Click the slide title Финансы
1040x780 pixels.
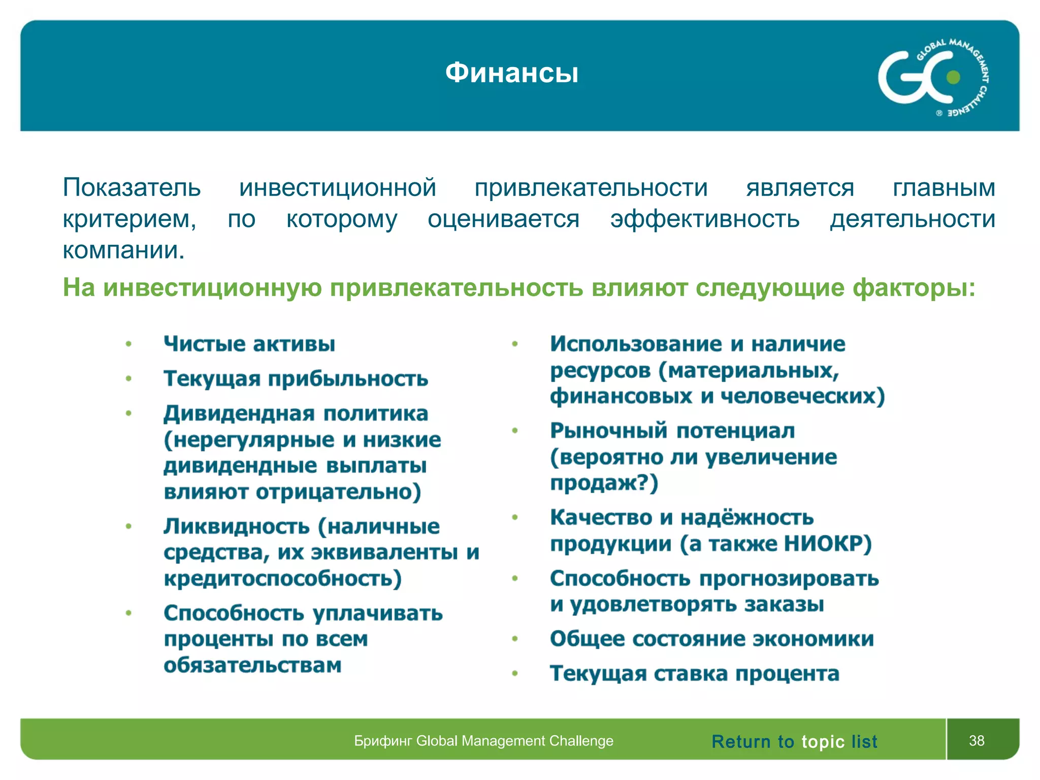tap(511, 73)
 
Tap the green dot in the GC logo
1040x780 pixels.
tap(953, 77)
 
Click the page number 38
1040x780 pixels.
tap(976, 740)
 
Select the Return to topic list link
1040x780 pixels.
tap(794, 741)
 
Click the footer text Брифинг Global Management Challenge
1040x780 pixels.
tap(483, 741)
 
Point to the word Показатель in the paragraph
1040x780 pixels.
tap(132, 187)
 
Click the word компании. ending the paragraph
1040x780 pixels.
tap(123, 250)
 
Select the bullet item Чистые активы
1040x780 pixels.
tap(249, 344)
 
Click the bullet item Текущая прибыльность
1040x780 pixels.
tap(296, 379)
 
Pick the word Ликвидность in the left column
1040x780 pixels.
tap(237, 526)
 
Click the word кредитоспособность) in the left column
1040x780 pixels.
tap(282, 578)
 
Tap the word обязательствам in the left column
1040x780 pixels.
tap(252, 665)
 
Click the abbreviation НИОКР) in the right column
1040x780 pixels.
tap(828, 544)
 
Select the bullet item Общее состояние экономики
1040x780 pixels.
tap(711, 639)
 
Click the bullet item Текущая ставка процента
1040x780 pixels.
tap(694, 674)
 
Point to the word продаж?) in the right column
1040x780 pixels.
tap(604, 483)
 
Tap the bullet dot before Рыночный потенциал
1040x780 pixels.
tap(514, 431)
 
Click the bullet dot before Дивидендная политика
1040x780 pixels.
tap(128, 413)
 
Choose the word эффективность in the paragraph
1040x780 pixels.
tap(705, 219)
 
